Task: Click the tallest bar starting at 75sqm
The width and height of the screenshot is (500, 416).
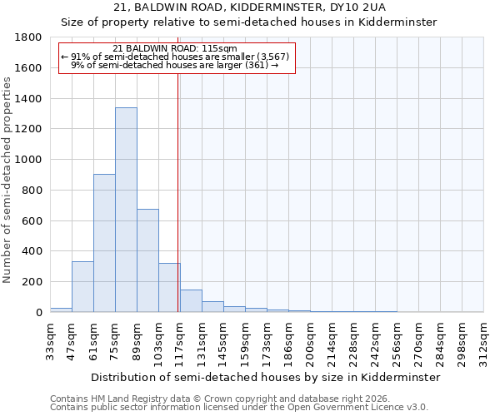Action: click(x=126, y=210)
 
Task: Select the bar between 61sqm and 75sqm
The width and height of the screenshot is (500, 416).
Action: click(x=104, y=243)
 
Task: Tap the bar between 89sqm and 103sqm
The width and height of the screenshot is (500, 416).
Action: click(x=147, y=260)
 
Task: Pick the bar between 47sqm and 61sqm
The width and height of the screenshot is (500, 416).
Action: click(x=82, y=286)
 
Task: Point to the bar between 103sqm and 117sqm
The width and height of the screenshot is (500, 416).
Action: click(x=169, y=288)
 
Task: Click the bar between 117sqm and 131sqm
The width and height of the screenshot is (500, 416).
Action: click(x=191, y=301)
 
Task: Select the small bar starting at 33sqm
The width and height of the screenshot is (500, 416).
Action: click(x=61, y=310)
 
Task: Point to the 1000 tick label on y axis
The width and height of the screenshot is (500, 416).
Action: click(x=28, y=160)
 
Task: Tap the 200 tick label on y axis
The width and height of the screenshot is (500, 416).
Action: click(x=32, y=282)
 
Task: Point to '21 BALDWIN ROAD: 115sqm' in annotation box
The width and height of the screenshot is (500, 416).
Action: click(x=175, y=49)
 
